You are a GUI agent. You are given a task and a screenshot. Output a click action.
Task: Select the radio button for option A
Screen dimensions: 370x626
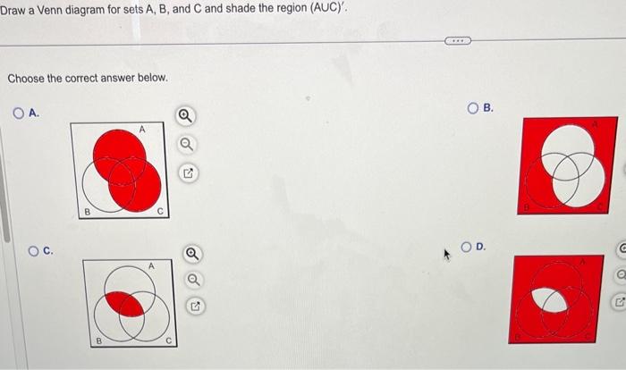(19, 113)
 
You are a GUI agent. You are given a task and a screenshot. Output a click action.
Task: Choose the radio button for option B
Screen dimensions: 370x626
(474, 108)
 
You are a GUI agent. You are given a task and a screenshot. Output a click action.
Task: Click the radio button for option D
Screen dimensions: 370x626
(467, 246)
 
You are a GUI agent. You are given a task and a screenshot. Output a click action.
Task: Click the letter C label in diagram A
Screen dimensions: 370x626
(159, 211)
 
